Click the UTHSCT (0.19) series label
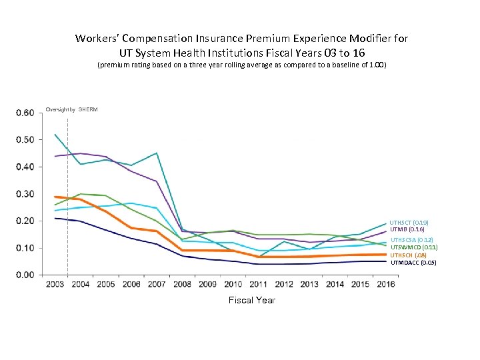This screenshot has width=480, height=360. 409,222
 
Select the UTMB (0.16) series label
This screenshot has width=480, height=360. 407,229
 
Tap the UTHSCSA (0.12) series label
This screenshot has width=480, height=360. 411,239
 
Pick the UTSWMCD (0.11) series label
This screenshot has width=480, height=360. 413,247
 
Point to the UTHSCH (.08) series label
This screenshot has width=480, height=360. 408,255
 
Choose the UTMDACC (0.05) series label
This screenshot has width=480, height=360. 413,263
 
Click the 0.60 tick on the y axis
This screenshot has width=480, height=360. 25,113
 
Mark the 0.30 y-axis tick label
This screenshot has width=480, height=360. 25,194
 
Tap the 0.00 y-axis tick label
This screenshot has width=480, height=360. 25,275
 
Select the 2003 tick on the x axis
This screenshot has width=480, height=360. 55,285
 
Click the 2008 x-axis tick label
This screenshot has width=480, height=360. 181,285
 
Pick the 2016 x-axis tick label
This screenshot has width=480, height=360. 385,285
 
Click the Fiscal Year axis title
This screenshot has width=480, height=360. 251,301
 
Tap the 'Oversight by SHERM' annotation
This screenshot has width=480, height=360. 71,109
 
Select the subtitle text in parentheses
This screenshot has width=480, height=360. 241,66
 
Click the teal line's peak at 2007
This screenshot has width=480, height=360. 157,153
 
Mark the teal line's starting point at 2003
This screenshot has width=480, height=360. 55,135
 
